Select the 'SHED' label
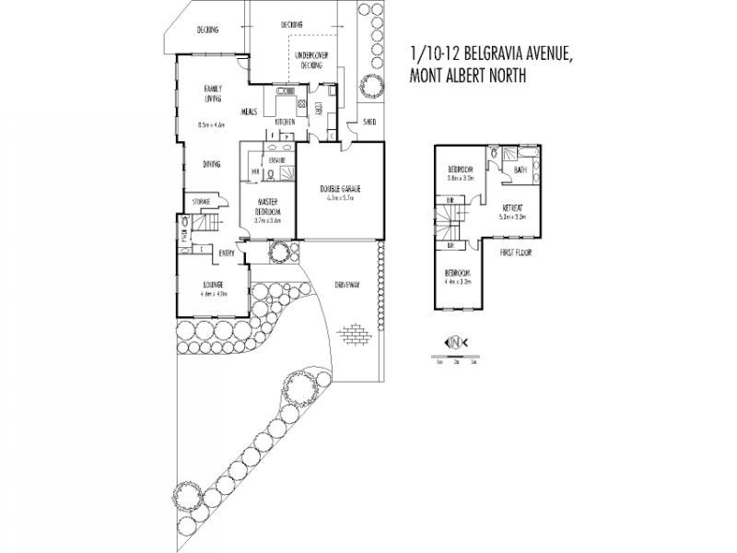tap(369, 121)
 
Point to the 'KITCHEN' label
tap(285, 122)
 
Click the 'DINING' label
tap(212, 164)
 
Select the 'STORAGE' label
tap(202, 201)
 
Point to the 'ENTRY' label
tap(226, 253)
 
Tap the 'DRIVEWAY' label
tap(346, 285)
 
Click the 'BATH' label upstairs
tap(520, 170)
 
